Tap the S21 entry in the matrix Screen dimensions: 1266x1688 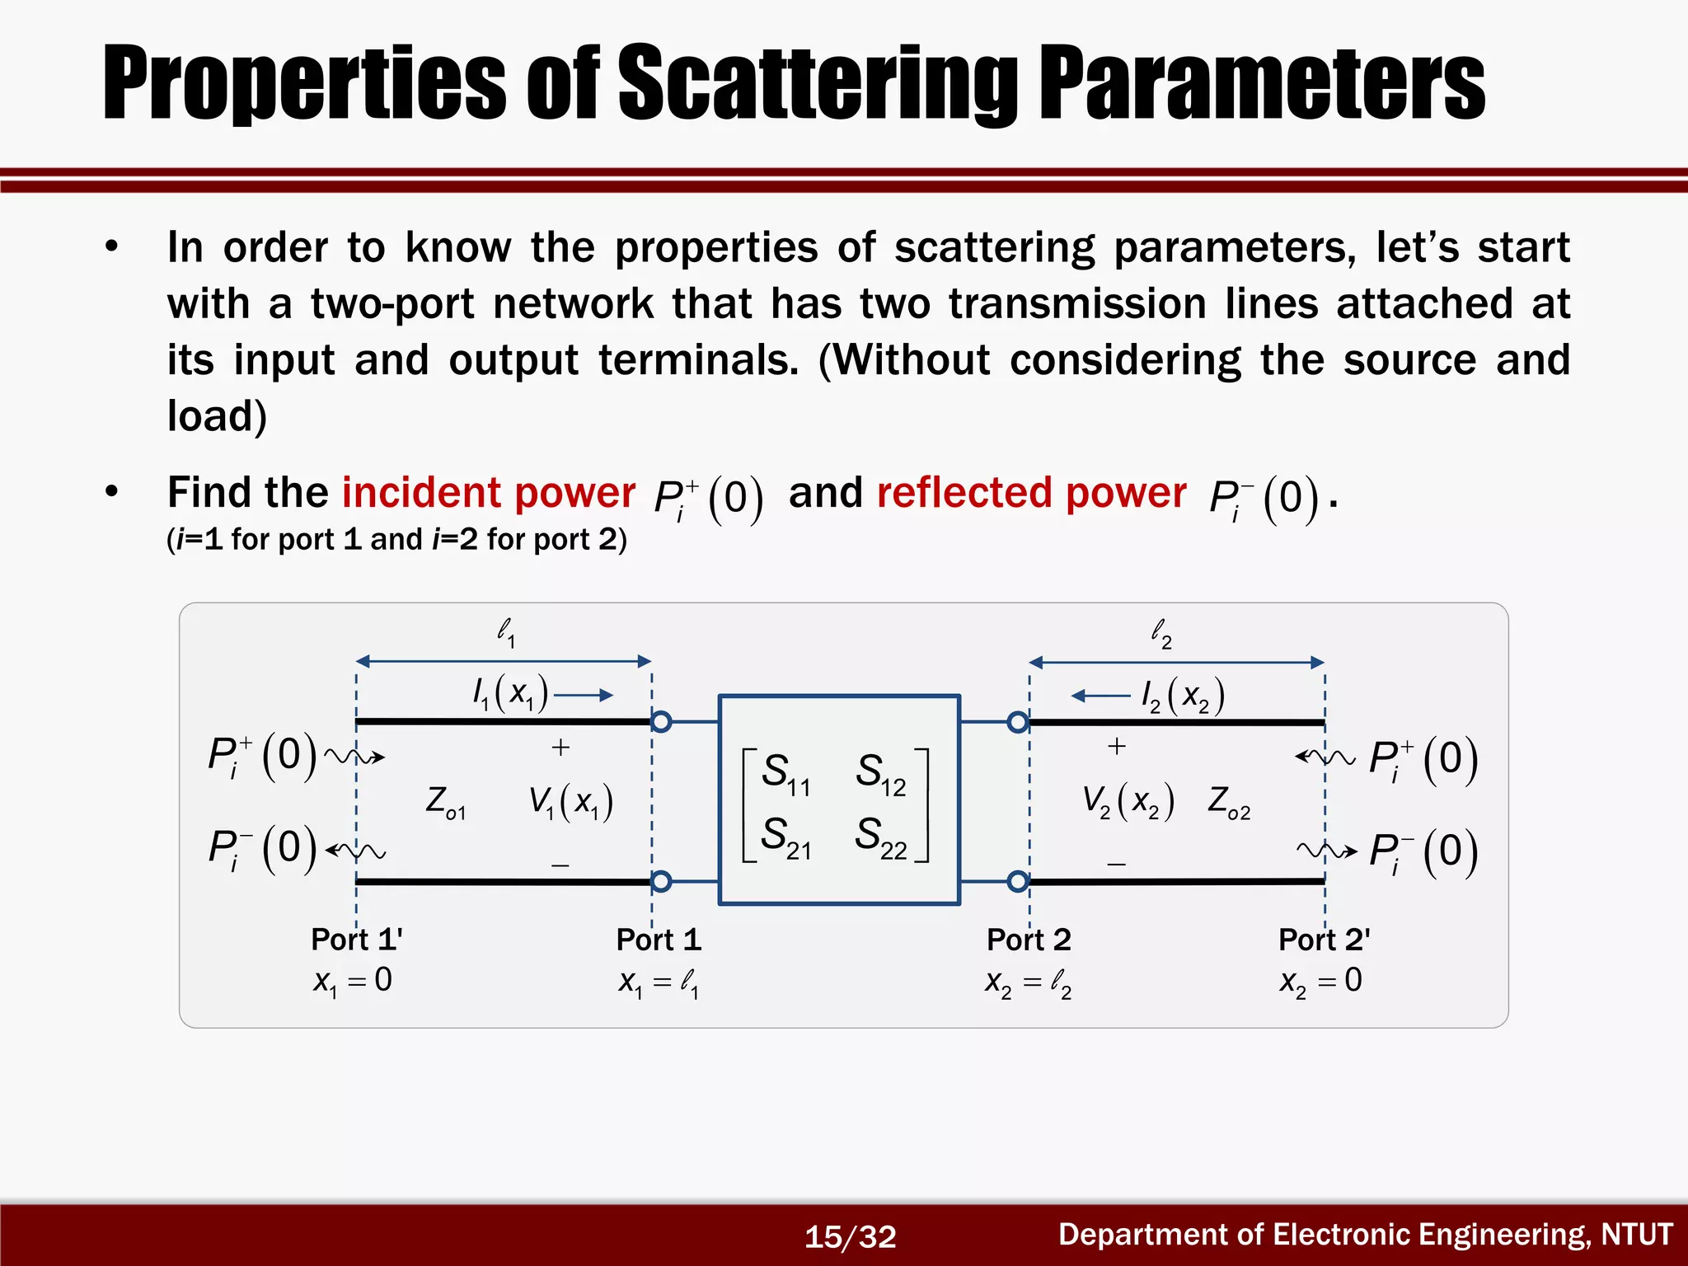[x=785, y=837]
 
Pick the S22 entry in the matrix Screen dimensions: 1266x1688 [x=881, y=837]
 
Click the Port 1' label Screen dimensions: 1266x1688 [x=356, y=939]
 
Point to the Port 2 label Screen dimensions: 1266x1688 [x=1029, y=939]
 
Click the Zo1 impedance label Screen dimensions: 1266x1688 [x=445, y=802]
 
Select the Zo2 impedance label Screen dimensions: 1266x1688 [x=1229, y=802]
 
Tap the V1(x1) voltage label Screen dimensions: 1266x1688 [x=571, y=802]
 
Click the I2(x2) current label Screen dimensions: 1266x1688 [x=1183, y=696]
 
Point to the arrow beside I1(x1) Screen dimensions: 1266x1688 [x=584, y=696]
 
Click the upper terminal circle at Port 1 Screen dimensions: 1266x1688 [x=661, y=722]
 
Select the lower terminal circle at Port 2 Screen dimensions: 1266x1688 [x=1018, y=881]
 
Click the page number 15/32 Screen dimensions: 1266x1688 [x=850, y=1236]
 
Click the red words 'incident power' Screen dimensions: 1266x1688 [x=488, y=493]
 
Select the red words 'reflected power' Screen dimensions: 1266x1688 [x=1031, y=493]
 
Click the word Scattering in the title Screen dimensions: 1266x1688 [x=818, y=84]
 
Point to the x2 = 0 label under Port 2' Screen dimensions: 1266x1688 [x=1320, y=980]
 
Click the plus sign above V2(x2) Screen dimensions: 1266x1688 [x=1117, y=746]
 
